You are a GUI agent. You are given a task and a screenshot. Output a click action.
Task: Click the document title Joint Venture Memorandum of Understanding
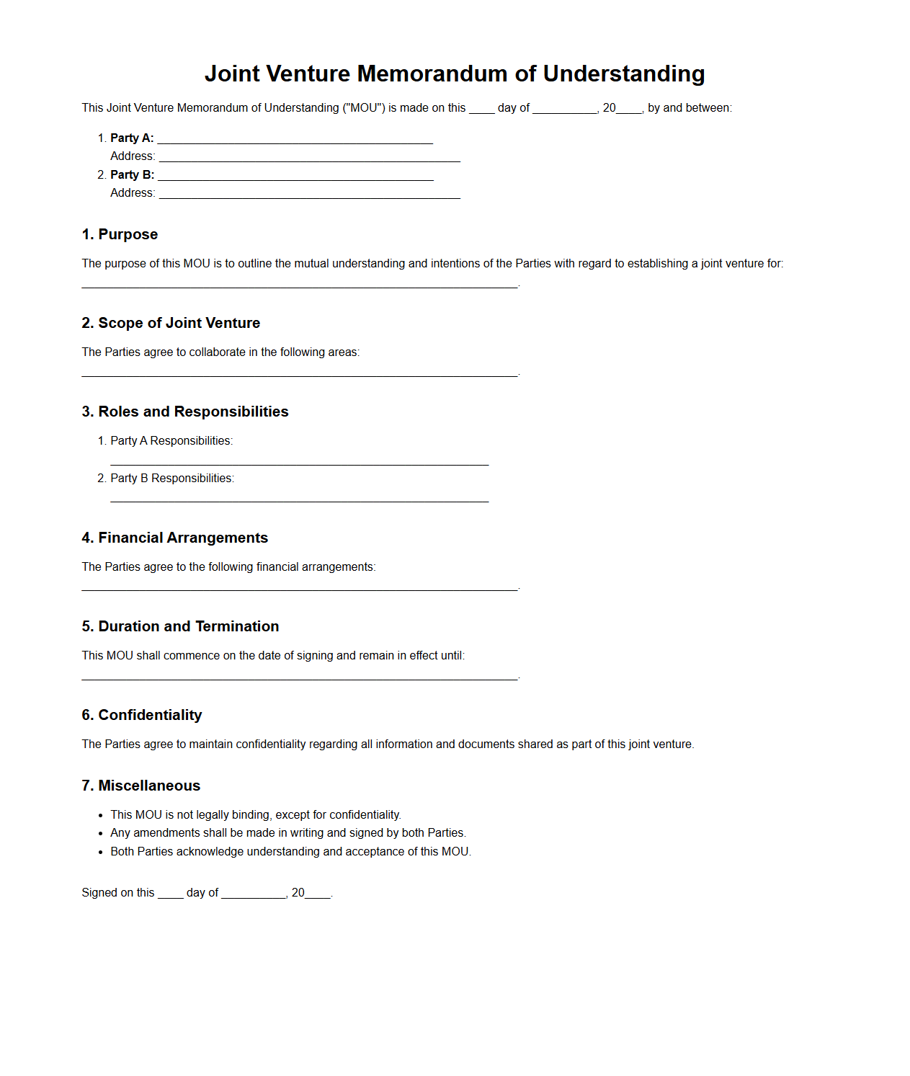[x=455, y=74]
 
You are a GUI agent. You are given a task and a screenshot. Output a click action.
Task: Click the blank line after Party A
[x=295, y=139]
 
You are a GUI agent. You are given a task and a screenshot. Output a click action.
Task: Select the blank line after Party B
[x=295, y=176]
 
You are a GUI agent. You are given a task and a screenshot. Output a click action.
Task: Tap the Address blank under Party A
[x=309, y=157]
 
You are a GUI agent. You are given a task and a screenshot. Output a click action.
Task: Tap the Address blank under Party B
[x=309, y=194]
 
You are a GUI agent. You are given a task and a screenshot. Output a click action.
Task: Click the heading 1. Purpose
[x=120, y=234]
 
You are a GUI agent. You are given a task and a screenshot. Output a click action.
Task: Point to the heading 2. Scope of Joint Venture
[x=171, y=323]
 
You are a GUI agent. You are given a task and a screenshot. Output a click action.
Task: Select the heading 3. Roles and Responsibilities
[x=185, y=412]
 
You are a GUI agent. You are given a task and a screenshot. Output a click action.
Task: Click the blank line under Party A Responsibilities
[x=299, y=461]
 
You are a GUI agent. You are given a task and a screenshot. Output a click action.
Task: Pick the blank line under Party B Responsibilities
[x=299, y=497]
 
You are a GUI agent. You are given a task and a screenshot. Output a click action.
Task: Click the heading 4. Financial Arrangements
[x=175, y=538]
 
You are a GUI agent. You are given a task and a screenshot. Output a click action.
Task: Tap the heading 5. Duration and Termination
[x=180, y=626]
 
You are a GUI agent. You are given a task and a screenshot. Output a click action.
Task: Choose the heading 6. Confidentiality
[x=142, y=715]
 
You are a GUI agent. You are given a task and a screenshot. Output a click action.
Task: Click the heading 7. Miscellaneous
[x=141, y=786]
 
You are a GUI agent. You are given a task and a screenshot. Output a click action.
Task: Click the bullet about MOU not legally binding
[x=255, y=814]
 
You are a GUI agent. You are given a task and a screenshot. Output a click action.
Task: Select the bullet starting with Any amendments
[x=288, y=832]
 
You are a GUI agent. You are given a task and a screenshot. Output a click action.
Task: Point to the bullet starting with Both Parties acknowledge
[x=290, y=851]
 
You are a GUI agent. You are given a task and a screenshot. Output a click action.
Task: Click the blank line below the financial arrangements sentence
[x=299, y=587]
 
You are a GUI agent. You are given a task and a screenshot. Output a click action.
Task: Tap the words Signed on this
[x=118, y=892]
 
